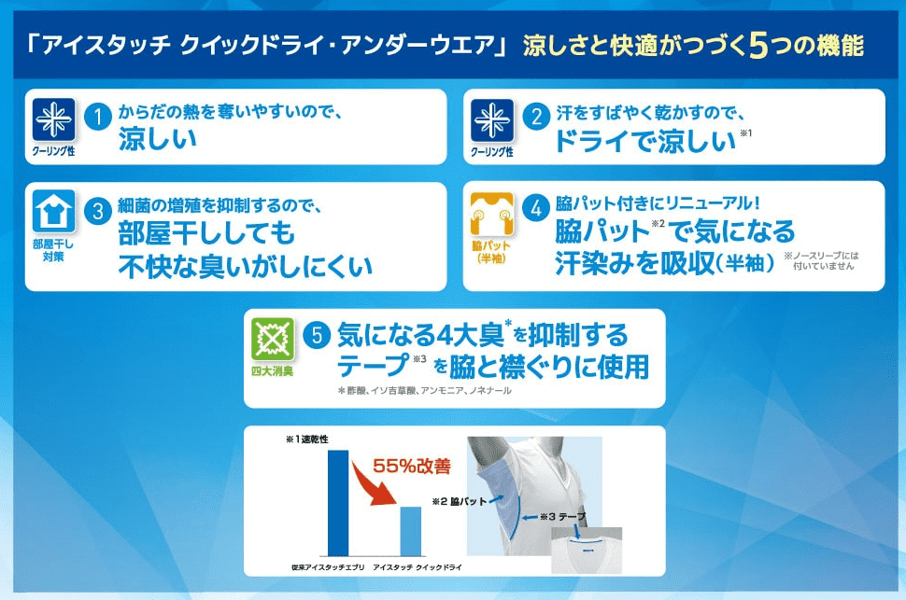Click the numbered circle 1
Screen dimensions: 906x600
tap(98, 117)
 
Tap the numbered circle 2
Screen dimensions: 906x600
tap(536, 117)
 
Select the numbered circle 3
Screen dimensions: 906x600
tap(98, 212)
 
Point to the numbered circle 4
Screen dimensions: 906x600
tap(536, 208)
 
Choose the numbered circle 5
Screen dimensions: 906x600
tap(317, 335)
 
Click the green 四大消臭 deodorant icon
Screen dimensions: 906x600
tap(272, 339)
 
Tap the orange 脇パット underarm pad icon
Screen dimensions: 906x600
tap(491, 215)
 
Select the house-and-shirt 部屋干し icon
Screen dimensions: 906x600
tap(54, 211)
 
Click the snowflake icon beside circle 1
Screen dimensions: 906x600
tap(54, 119)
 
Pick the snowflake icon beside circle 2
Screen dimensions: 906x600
tap(492, 120)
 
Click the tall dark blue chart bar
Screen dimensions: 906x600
tap(338, 503)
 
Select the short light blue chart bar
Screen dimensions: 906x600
tap(411, 531)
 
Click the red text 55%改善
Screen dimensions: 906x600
tap(411, 466)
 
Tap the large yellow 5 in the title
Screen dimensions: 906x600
tap(757, 46)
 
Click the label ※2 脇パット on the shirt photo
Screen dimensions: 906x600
tap(460, 501)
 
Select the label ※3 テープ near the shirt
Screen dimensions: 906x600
tap(563, 517)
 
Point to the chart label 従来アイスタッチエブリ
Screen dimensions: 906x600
tap(328, 567)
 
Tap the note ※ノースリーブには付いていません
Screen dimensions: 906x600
tap(822, 260)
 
